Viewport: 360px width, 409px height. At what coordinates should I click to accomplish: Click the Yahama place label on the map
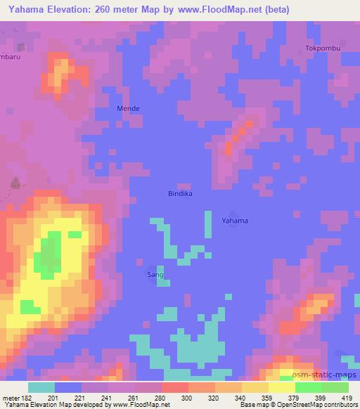pos(235,221)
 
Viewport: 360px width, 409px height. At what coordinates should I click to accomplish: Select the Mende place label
pos(128,108)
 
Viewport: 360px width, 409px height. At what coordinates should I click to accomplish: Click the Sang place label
pos(155,274)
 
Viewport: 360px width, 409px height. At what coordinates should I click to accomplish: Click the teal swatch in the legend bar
pos(41,387)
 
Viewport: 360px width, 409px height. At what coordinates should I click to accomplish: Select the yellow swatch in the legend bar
pos(281,387)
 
